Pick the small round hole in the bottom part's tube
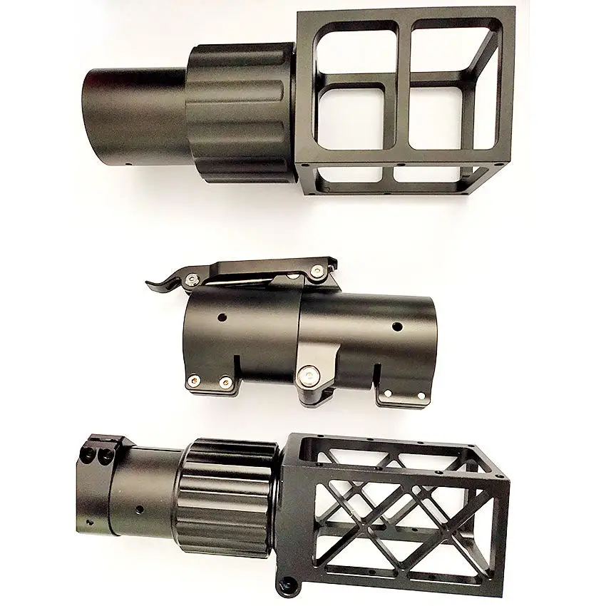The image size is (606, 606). click(140, 508)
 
